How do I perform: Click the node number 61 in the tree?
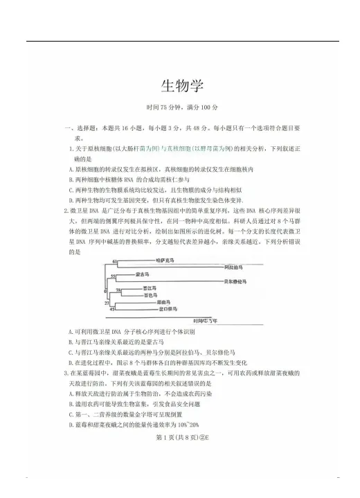click(x=114, y=260)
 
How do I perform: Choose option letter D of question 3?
click(x=71, y=425)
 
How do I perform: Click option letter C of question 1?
click(x=71, y=188)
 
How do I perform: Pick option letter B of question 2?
click(x=71, y=341)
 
